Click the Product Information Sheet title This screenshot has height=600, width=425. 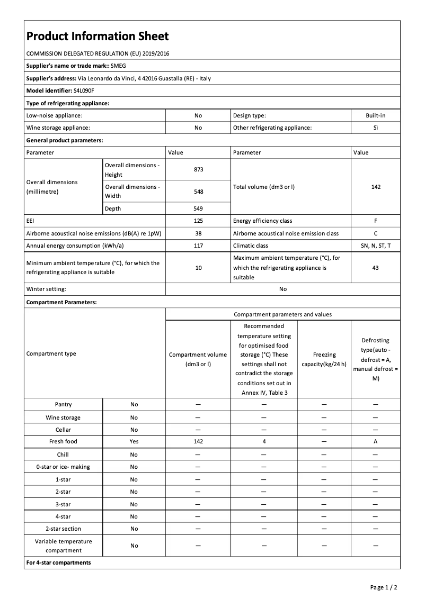98,37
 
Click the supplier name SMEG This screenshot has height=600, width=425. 118,66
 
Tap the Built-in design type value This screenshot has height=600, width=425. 375,115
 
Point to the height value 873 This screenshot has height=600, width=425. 198,170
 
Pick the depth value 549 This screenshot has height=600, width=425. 198,208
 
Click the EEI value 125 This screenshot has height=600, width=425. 198,221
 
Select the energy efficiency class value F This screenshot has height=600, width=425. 375,221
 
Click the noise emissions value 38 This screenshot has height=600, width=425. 198,233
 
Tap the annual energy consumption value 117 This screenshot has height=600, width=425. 198,246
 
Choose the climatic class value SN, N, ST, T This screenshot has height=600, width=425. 375,246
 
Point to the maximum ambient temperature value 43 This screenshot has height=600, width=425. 375,268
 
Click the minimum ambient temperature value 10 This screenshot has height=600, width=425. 198,268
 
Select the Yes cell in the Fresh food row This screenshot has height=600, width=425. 134,441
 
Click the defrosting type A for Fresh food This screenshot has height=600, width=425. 375,441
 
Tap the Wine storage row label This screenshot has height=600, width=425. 63,417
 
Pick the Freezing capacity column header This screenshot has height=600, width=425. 324,359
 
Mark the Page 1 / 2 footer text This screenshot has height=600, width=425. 384,587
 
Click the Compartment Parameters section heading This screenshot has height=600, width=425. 61,302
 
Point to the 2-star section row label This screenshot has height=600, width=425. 63,529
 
